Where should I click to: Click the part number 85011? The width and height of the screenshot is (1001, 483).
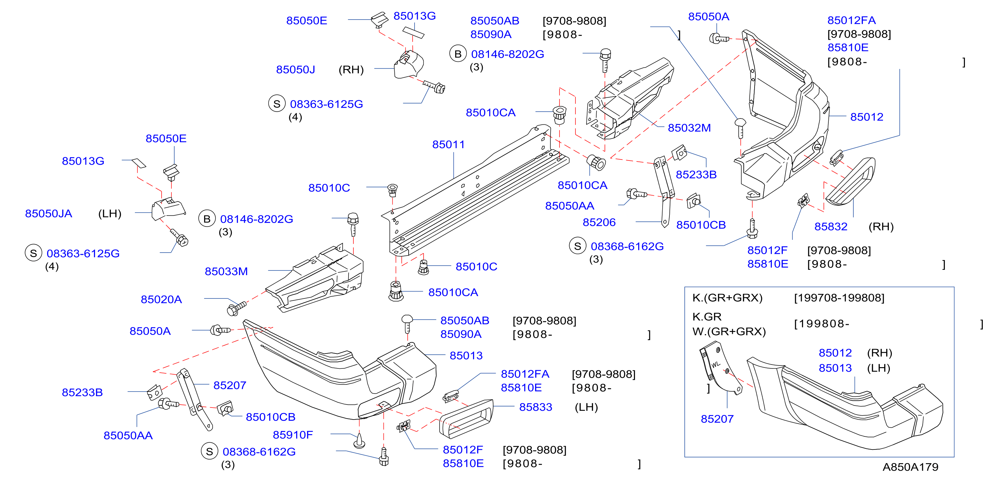pos(448,145)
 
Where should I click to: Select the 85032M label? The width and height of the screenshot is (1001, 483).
pos(689,128)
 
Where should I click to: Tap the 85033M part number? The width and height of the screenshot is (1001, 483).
pos(226,271)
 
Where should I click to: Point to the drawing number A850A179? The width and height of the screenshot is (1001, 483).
pos(910,467)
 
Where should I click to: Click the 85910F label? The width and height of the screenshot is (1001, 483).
pos(293,435)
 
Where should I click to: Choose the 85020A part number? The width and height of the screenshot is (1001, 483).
pos(161,299)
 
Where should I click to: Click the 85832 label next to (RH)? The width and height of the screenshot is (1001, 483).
pos(831,227)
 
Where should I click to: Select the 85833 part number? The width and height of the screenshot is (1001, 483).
pos(535,407)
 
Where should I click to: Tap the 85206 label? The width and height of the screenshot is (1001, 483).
pos(599,222)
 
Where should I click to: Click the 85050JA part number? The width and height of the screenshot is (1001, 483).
pos(48,214)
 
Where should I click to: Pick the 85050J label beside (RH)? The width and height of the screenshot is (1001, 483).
pos(295,70)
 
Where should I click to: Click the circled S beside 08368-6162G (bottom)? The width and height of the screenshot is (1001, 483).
pos(209,451)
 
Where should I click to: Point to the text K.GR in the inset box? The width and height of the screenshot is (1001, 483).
pos(707,317)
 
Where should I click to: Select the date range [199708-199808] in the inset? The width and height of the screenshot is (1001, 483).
pos(839,298)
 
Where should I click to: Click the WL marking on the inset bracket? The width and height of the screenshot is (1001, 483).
pos(715,365)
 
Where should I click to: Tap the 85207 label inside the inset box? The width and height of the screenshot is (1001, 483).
pos(717,419)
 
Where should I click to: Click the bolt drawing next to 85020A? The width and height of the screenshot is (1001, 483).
pos(236,309)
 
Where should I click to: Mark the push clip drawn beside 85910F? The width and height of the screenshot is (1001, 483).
pos(359,441)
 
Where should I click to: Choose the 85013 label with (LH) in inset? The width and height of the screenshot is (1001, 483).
pos(835,368)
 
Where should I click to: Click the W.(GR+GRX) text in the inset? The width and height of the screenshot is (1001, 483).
pos(729,332)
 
